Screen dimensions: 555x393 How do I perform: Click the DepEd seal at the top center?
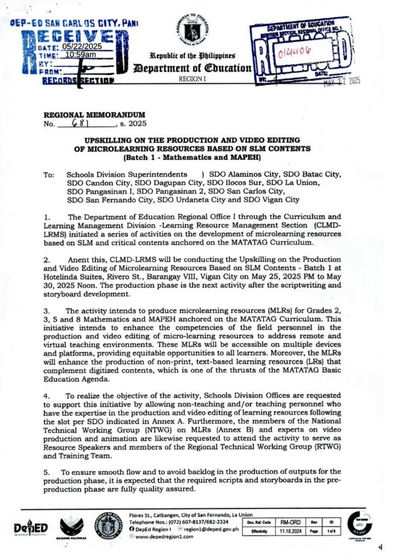(x=196, y=31)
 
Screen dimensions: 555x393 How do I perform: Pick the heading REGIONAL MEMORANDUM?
(x=95, y=114)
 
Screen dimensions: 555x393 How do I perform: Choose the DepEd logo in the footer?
(x=30, y=528)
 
